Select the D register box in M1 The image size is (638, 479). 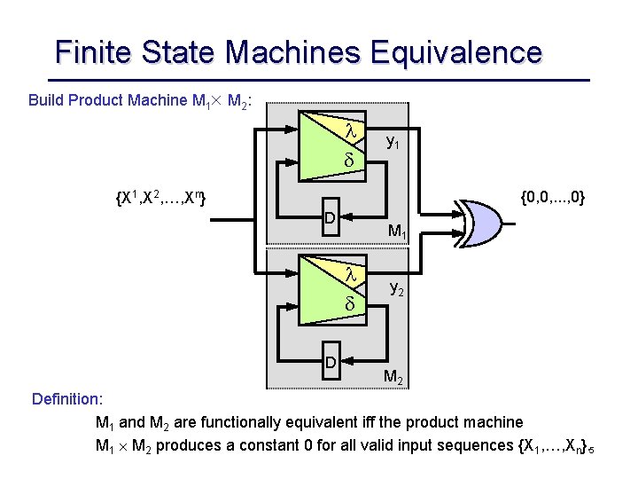point(329,219)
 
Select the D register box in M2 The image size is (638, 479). point(329,363)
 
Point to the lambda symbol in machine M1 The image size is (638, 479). point(350,130)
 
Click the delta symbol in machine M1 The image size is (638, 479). point(349,161)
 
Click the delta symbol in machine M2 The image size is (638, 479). point(349,304)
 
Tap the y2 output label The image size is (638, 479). point(398,287)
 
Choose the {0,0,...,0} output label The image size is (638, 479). point(550,196)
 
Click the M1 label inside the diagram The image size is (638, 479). point(397,233)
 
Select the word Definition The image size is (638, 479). point(67,399)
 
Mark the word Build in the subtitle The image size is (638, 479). point(46,99)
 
